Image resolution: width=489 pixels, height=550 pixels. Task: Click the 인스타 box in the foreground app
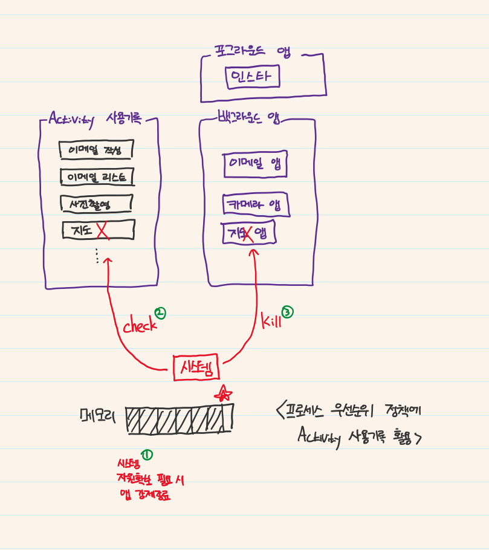point(253,77)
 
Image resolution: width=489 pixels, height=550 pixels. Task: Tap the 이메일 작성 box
point(96,149)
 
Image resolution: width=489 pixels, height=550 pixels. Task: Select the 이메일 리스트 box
point(97,177)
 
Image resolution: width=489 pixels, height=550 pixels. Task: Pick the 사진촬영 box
point(96,204)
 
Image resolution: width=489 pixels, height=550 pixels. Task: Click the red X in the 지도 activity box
point(102,230)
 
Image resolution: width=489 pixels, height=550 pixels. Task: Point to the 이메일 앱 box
point(255,164)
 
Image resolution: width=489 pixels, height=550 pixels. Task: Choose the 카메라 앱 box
point(256,205)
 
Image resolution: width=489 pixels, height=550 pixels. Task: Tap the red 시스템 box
point(196,367)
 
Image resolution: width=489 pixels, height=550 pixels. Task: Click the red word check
point(140,326)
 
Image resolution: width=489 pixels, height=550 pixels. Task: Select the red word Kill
point(271,321)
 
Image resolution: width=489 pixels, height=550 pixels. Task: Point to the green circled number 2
point(160,313)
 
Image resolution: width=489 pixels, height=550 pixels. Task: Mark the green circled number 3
point(288,312)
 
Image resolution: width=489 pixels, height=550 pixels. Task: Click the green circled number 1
point(146,455)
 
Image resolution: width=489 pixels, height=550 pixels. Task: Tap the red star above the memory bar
point(223,394)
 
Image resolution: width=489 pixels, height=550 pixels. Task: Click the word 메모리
point(98,415)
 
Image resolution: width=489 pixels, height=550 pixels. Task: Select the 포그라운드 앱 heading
point(252,51)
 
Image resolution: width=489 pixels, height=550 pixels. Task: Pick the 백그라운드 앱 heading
point(248,116)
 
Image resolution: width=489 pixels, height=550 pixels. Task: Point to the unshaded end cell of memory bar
point(227,418)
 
